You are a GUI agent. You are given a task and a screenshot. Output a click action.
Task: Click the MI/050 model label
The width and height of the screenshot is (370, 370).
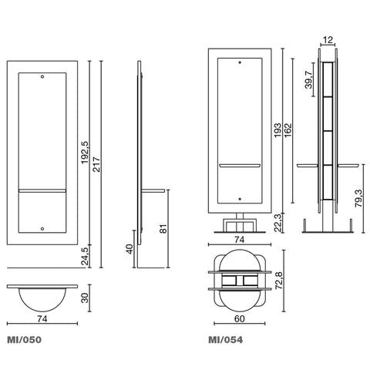pyautogui.click(x=24, y=340)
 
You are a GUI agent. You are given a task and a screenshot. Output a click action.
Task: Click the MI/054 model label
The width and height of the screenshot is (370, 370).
pyautogui.click(x=225, y=340)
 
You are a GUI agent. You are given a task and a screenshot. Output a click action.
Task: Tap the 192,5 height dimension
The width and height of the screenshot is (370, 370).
pyautogui.click(x=85, y=153)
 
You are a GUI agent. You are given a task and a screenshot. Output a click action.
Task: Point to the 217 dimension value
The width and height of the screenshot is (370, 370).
pyautogui.click(x=96, y=164)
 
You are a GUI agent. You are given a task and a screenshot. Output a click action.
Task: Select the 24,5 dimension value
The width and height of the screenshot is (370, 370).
pyautogui.click(x=85, y=255)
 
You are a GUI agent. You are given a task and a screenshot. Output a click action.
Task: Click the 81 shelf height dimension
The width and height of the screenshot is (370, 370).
pyautogui.click(x=163, y=229)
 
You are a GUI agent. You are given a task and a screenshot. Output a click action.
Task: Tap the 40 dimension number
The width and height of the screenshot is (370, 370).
pyautogui.click(x=129, y=249)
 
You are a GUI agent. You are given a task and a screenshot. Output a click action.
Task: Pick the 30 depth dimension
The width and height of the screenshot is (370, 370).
pyautogui.click(x=85, y=298)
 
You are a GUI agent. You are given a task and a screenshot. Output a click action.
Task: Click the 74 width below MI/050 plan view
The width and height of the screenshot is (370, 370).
pyautogui.click(x=42, y=319)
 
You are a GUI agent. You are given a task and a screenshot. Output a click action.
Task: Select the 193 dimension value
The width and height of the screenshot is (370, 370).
pyautogui.click(x=277, y=130)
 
